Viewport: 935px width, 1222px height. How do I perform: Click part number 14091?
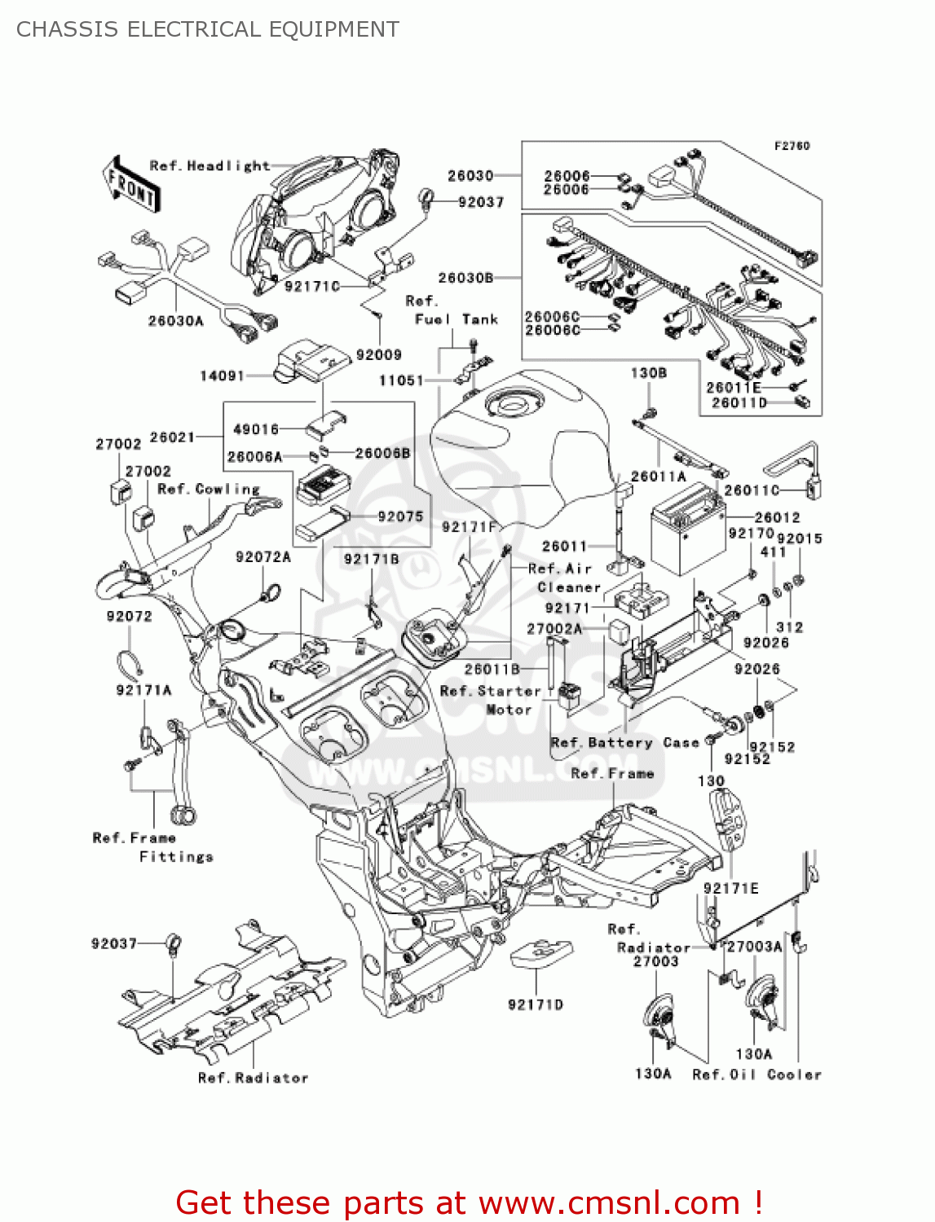[x=222, y=376]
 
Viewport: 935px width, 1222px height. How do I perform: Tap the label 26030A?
[x=175, y=321]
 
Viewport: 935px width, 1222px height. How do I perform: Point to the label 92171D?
[x=535, y=1004]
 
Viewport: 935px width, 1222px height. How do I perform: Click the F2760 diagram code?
[x=792, y=146]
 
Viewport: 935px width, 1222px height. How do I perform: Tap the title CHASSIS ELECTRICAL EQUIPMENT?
[x=208, y=29]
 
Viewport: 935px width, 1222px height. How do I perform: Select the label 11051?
[x=401, y=380]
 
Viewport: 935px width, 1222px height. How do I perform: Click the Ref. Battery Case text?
[x=624, y=742]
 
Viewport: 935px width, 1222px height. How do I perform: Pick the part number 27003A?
[x=754, y=946]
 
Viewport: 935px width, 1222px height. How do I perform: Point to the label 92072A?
[x=262, y=556]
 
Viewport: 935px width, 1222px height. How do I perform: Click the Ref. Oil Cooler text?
[x=756, y=1075]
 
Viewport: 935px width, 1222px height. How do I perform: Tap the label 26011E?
[x=733, y=388]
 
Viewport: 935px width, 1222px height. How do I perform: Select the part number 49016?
[x=256, y=429]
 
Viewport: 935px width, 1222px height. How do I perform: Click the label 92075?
[x=400, y=516]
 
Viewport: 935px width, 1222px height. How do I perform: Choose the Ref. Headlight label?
[x=209, y=165]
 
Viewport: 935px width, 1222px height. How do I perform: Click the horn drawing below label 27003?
[x=659, y=1015]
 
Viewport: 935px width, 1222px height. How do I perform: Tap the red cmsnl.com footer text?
[x=469, y=1202]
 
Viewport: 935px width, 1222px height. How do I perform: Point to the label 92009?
[x=378, y=354]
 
